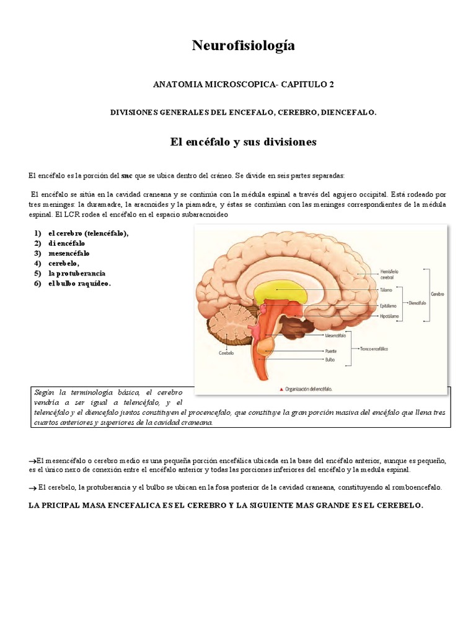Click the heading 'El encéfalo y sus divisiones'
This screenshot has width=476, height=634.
click(243, 142)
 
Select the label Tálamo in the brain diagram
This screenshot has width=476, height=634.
click(385, 289)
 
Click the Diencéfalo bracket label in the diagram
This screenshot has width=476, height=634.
click(419, 303)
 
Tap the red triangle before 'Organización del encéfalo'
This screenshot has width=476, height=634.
click(281, 389)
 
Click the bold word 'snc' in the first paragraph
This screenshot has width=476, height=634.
click(128, 175)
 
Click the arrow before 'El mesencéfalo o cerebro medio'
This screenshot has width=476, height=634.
click(33, 461)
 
